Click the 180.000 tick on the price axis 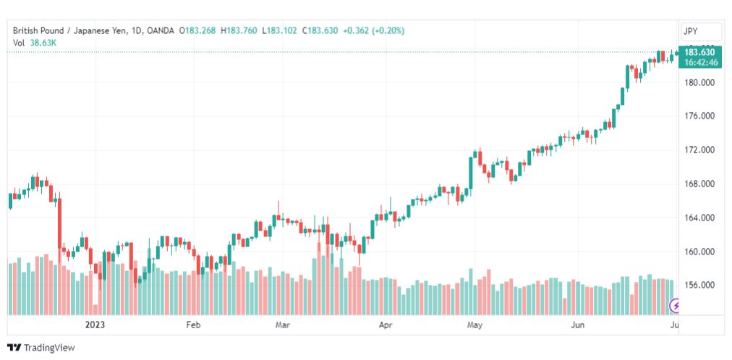click(x=701, y=82)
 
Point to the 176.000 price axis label click(x=701, y=116)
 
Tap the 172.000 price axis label click(x=701, y=150)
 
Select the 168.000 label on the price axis click(x=701, y=184)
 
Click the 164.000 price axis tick click(x=701, y=218)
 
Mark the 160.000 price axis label click(x=701, y=252)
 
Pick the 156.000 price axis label click(x=701, y=286)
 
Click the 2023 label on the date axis click(x=95, y=325)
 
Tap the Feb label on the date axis click(x=193, y=325)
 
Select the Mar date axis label click(x=282, y=325)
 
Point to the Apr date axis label click(x=385, y=325)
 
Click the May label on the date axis click(x=474, y=325)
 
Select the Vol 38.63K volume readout click(x=35, y=43)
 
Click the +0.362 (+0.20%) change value click(x=373, y=31)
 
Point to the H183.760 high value click(x=239, y=31)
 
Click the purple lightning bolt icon click(x=675, y=306)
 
